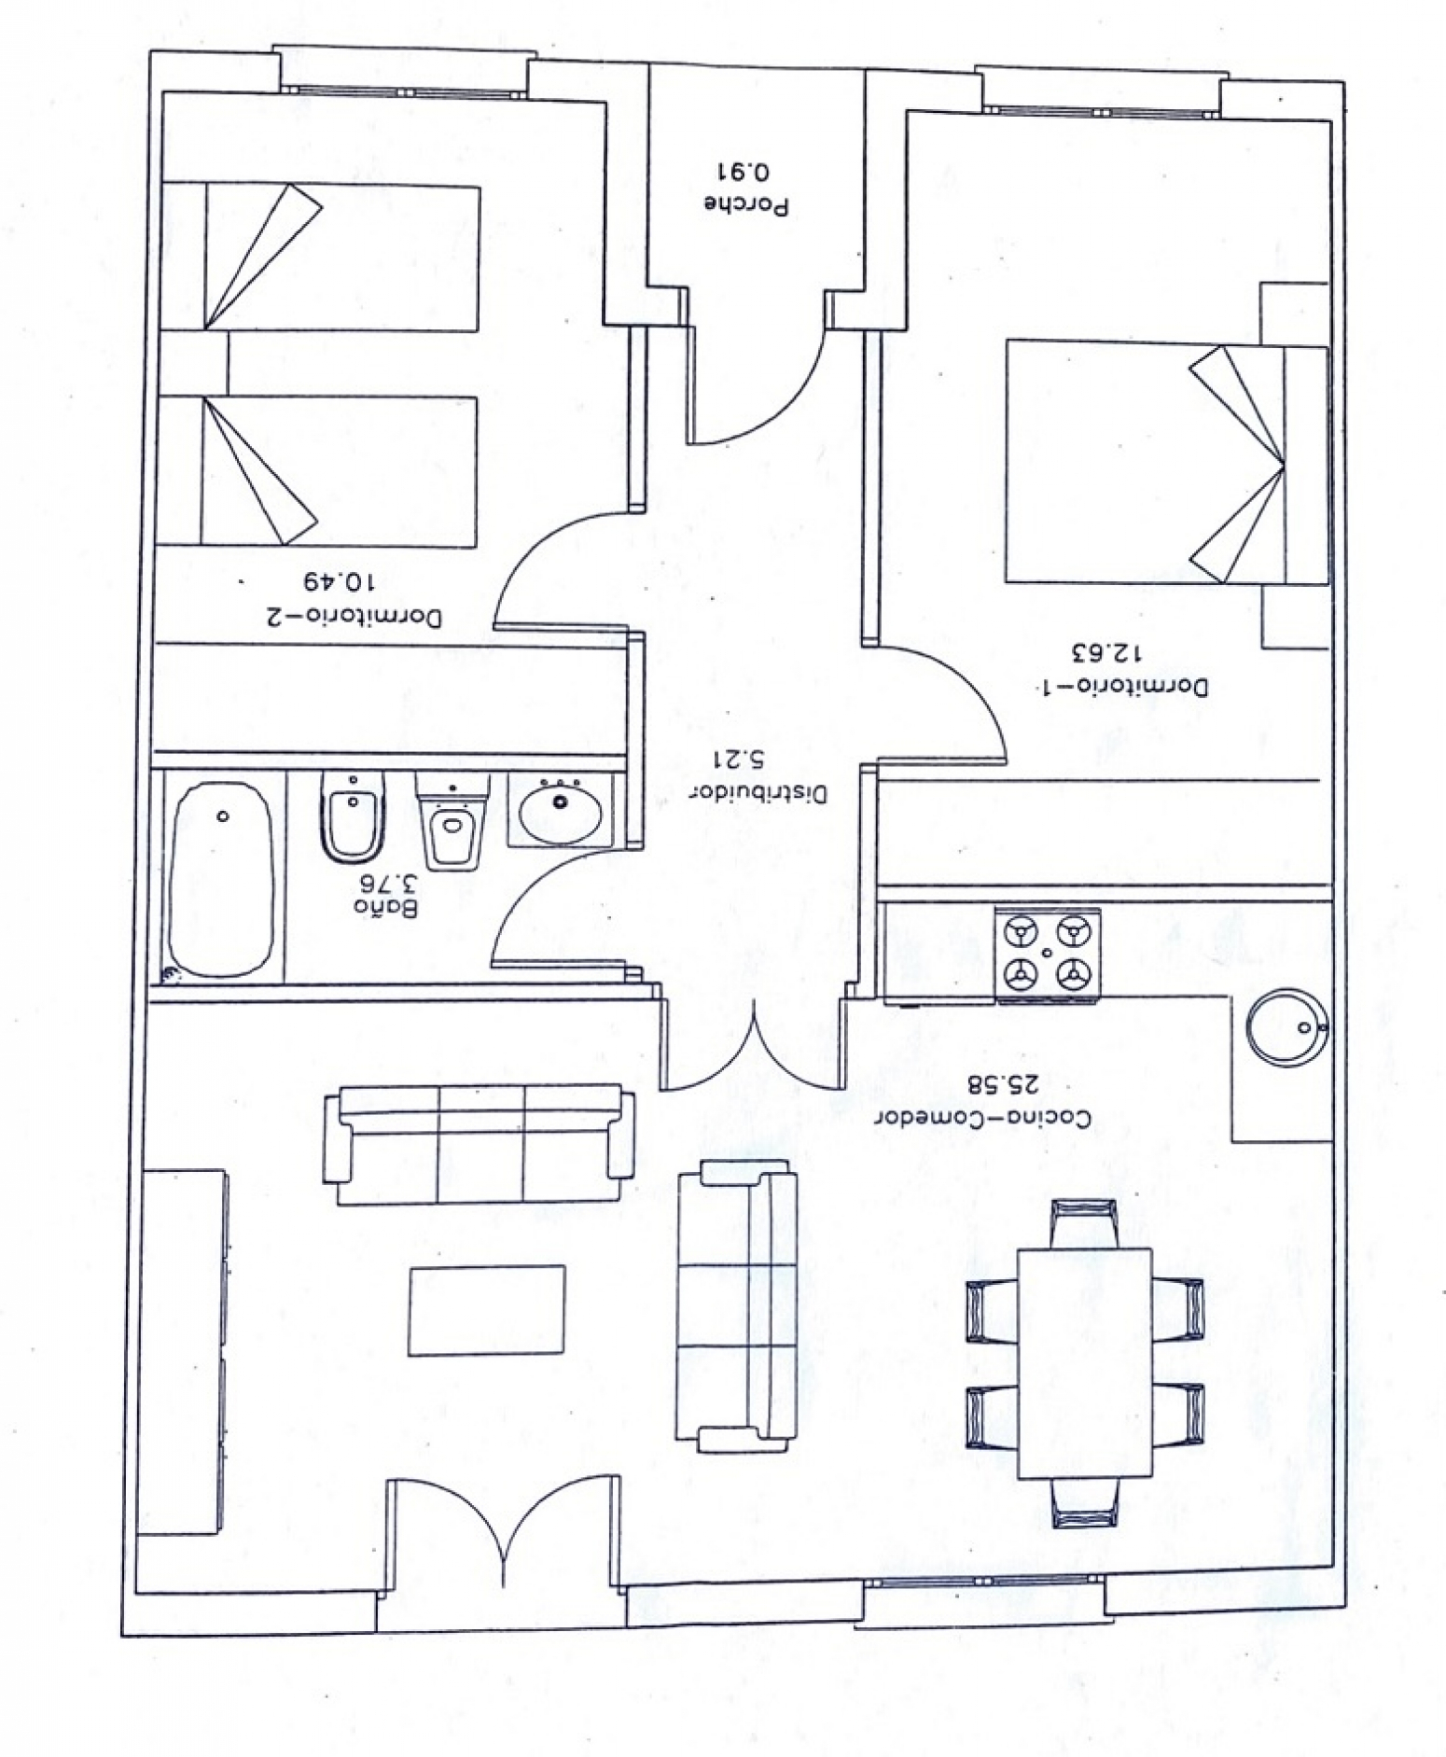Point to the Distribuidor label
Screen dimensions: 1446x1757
pyautogui.click(x=757, y=794)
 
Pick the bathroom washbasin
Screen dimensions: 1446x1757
pyautogui.click(x=560, y=810)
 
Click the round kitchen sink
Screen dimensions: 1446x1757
pyautogui.click(x=1286, y=1027)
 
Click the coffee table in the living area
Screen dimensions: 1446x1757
pyautogui.click(x=486, y=1309)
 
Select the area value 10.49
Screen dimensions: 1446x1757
pyautogui.click(x=337, y=582)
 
